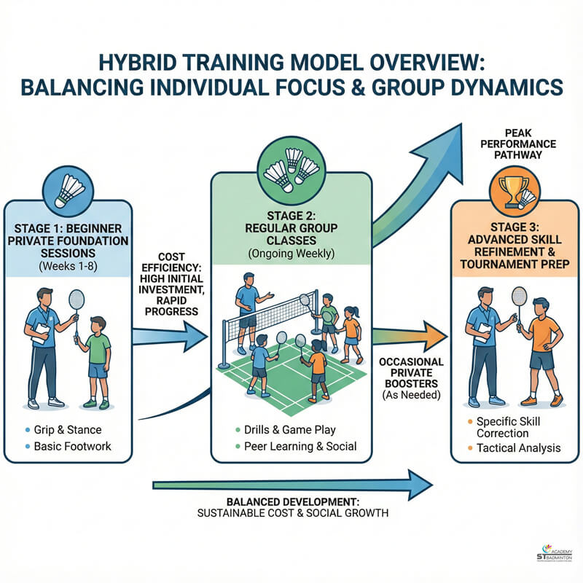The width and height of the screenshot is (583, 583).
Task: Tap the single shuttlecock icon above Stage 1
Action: [x=71, y=189]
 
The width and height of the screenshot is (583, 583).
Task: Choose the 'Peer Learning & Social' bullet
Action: [x=296, y=445]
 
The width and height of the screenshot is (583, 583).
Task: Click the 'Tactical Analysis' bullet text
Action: [x=518, y=447]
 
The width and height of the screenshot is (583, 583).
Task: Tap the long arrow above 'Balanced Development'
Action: [x=291, y=482]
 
